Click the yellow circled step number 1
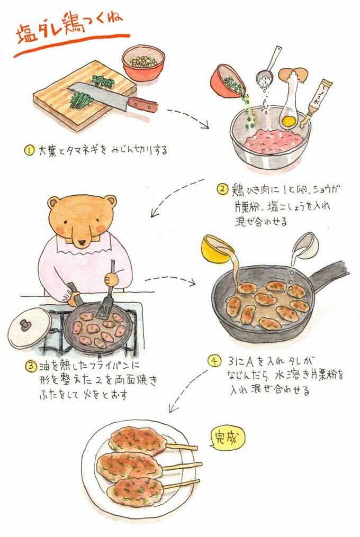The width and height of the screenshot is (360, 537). [x=29, y=150]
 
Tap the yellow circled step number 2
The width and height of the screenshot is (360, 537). [x=222, y=189]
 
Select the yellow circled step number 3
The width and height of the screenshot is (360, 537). [x=31, y=366]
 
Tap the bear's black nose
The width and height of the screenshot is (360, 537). [x=82, y=243]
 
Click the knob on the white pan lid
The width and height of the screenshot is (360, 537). [x=25, y=324]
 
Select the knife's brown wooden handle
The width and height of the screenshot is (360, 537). [x=143, y=104]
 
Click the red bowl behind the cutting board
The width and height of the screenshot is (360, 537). [x=143, y=63]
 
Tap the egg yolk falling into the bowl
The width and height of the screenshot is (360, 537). [x=289, y=121]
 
